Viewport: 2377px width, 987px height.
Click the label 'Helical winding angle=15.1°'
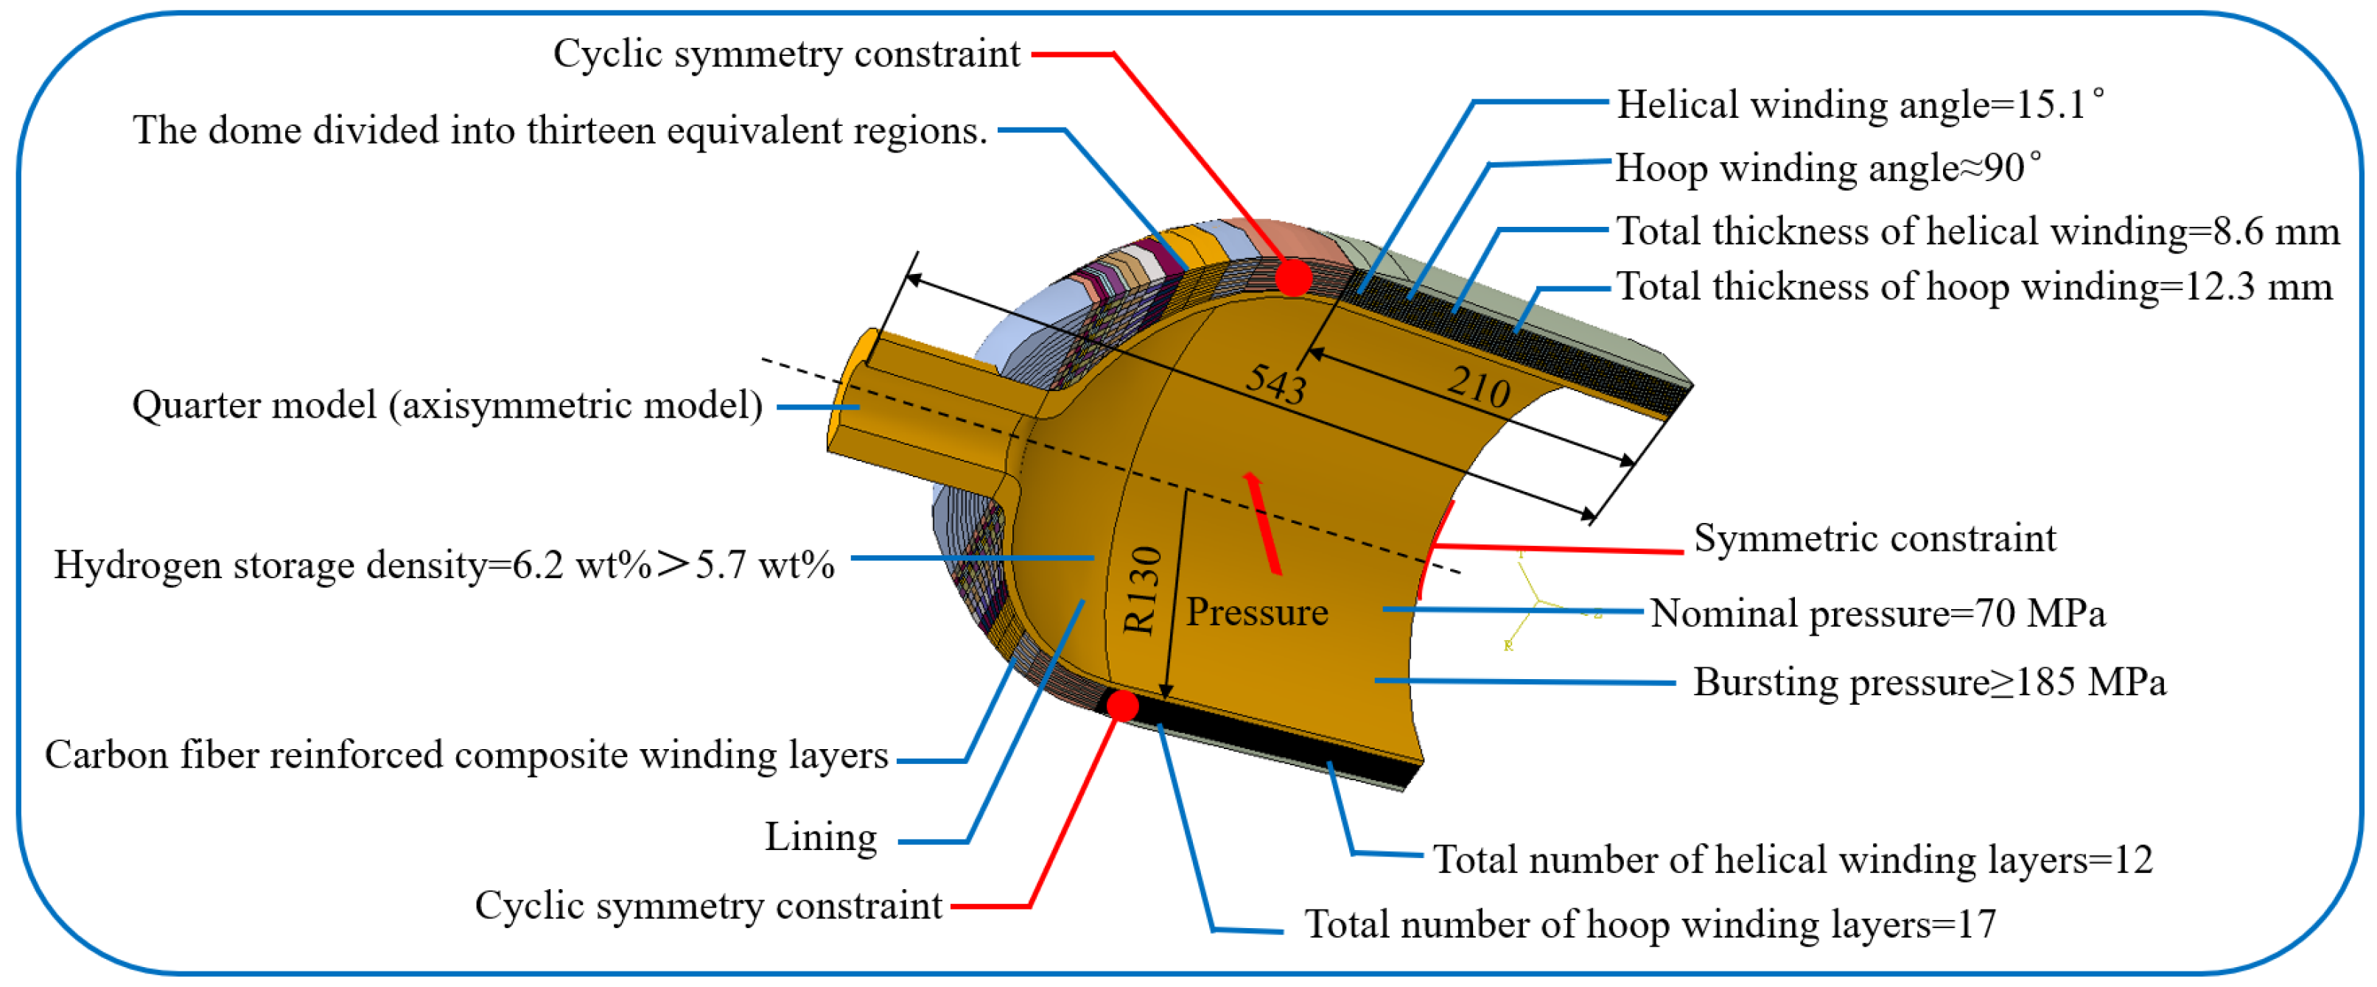point(1858,105)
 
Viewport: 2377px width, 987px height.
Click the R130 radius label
point(1141,589)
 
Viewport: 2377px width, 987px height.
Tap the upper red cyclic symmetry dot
point(1293,277)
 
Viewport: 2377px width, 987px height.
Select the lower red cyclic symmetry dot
point(1122,706)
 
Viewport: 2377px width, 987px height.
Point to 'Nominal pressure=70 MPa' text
point(1877,614)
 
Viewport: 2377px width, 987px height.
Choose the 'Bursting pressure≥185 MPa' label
point(1928,683)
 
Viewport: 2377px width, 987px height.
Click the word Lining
point(820,837)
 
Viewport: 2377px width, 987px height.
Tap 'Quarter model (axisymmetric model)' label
point(447,406)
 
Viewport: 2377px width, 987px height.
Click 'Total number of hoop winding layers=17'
point(1650,924)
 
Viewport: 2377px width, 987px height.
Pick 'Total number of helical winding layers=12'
point(1792,860)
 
